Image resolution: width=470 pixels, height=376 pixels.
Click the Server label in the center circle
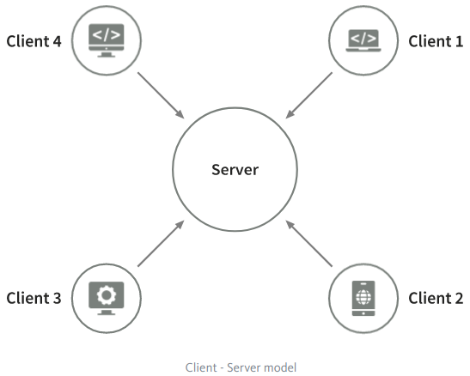[235, 169]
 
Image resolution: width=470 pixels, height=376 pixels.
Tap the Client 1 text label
[436, 41]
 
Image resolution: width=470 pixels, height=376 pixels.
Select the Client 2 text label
[436, 298]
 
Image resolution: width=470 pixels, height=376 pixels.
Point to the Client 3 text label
[34, 298]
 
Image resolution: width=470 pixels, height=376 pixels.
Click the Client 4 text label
[34, 41]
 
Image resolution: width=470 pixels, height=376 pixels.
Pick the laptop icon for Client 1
[363, 40]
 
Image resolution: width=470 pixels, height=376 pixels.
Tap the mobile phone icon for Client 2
[363, 298]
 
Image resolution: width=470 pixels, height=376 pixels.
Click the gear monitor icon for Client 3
[107, 298]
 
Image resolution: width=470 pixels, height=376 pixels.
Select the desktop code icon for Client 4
[107, 40]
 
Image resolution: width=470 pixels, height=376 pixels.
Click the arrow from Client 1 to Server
[309, 95]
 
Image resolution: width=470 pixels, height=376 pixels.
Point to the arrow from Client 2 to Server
[309, 244]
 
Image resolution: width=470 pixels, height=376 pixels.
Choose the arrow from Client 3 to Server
[161, 244]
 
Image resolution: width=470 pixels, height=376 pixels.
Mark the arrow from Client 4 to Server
[161, 95]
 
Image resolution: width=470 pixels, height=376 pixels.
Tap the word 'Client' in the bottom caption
[201, 367]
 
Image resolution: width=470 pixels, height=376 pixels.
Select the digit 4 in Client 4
[58, 41]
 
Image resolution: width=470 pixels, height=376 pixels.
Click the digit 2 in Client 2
[459, 298]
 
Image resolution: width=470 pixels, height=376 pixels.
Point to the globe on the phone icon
[363, 297]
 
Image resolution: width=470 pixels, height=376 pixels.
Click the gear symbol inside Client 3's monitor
[107, 295]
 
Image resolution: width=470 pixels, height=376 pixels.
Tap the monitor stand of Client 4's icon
[107, 54]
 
